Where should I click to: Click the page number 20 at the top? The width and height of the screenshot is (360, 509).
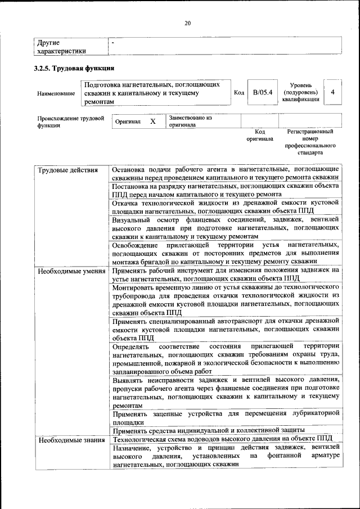(187, 23)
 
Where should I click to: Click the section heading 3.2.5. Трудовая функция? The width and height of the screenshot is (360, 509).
(68, 69)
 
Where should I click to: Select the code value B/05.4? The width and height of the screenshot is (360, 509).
(263, 92)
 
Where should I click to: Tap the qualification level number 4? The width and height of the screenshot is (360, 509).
(333, 92)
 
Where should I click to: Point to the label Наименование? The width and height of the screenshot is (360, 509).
(56, 93)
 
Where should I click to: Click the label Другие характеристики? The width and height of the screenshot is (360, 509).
(61, 47)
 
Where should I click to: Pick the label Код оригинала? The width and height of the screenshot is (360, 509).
(259, 135)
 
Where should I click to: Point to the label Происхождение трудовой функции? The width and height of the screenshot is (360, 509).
(70, 122)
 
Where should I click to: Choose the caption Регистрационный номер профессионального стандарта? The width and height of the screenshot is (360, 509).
(309, 142)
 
